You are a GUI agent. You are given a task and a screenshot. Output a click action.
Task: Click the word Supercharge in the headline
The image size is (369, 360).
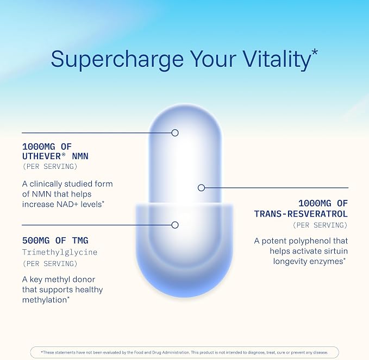point(117,59)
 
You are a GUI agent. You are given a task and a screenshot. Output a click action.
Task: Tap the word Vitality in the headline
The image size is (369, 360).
point(277,59)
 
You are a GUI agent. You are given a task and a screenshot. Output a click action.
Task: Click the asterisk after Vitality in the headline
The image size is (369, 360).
point(315,52)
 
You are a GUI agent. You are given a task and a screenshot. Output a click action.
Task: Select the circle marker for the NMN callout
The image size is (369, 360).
point(175,133)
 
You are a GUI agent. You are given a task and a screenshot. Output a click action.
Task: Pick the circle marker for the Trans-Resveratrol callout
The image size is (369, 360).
point(201,188)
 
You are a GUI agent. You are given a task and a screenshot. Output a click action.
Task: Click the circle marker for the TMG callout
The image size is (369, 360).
point(175,225)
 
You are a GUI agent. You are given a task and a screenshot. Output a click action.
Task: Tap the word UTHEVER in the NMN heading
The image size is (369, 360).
point(42,156)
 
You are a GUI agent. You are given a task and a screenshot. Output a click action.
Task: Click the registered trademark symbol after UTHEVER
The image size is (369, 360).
point(64,154)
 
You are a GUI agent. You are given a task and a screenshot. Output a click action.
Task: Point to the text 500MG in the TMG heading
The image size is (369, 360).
point(36,241)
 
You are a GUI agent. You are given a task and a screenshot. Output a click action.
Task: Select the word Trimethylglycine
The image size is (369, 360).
point(60,252)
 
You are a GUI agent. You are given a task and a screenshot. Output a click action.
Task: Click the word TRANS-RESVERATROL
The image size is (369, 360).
point(301,214)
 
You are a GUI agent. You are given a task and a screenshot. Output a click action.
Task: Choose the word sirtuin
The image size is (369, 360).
point(336,251)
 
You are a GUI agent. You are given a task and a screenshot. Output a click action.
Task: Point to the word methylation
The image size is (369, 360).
point(45,300)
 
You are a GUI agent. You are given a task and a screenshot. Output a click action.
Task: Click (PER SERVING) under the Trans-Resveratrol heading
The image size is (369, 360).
point(320,225)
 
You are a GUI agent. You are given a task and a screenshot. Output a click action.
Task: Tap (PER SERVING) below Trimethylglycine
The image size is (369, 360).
point(50,263)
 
